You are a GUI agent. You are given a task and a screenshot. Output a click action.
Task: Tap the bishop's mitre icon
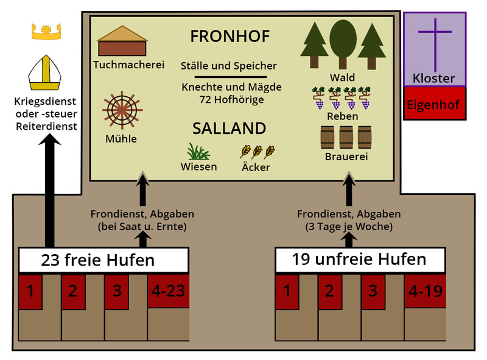(47, 72)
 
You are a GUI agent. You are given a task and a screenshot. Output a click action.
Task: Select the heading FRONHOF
(229, 37)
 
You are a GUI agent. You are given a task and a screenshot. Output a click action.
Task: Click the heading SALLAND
(229, 129)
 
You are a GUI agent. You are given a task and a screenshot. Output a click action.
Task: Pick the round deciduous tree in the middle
(343, 41)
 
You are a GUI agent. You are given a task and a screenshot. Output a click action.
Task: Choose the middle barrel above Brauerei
(346, 138)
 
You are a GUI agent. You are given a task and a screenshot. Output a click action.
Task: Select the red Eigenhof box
(435, 104)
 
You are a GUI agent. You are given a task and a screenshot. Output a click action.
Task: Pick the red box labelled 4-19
(425, 291)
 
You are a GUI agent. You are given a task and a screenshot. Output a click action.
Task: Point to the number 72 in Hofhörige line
(207, 99)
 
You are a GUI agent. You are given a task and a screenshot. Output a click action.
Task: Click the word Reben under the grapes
(342, 116)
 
